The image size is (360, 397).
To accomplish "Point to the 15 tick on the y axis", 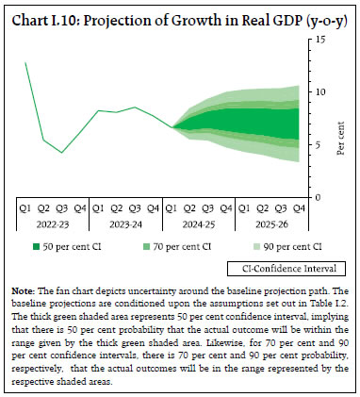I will [x=321, y=40].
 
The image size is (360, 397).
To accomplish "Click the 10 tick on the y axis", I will [x=321, y=92].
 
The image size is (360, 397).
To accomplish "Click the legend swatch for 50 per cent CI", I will [x=33, y=247].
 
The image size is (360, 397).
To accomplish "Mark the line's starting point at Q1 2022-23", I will [x=26, y=62].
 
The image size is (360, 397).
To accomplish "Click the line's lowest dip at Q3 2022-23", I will [x=62, y=153].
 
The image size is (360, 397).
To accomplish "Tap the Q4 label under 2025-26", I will [x=302, y=209].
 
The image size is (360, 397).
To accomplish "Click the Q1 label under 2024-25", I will [x=173, y=209].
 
